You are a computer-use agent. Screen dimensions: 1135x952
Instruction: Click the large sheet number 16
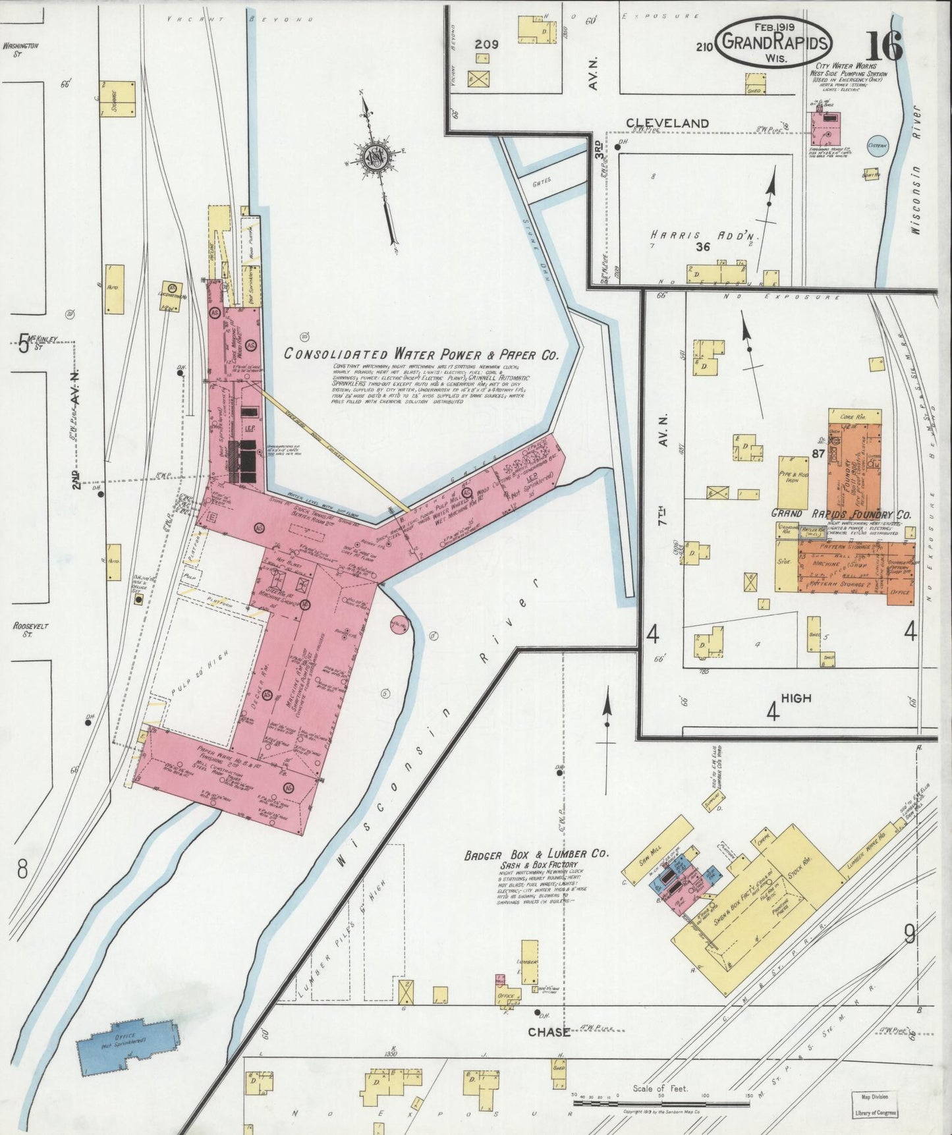point(885,46)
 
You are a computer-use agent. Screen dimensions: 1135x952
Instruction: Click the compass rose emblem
point(371,156)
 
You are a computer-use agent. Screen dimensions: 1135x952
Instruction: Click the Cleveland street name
point(667,123)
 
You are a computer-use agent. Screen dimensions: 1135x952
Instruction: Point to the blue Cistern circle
point(877,146)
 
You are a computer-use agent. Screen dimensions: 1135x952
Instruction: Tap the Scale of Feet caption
point(660,1088)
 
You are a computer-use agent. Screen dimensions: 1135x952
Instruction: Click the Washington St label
point(20,49)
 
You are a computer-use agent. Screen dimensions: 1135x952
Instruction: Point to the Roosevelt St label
point(23,630)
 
